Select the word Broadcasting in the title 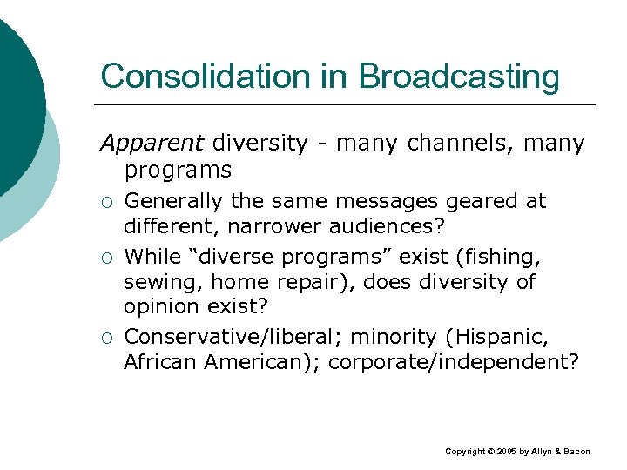click(x=459, y=77)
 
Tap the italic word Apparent click(x=152, y=143)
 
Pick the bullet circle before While click(x=107, y=258)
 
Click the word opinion click(x=162, y=308)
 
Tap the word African click(x=160, y=361)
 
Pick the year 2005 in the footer click(x=506, y=452)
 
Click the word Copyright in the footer click(x=466, y=452)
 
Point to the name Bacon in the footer click(x=576, y=452)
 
